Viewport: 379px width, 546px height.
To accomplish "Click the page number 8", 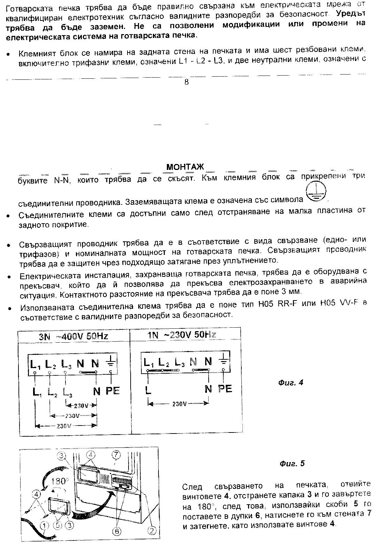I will pyautogui.click(x=186, y=82).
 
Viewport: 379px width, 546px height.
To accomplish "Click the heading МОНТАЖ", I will pyautogui.click(x=185, y=167).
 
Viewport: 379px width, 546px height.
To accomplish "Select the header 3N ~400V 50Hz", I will pyautogui.click(x=74, y=336).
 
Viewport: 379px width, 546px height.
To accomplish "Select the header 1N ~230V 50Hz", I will pyautogui.click(x=182, y=335).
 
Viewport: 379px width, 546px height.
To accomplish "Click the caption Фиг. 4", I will pyautogui.click(x=291, y=383).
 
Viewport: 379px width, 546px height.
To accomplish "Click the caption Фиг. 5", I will pyautogui.click(x=292, y=464).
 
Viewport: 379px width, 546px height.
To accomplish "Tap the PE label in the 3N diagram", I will pyautogui.click(x=112, y=391).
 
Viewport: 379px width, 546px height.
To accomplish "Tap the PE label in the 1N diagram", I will pyautogui.click(x=225, y=389).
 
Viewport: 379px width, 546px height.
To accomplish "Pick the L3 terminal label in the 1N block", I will pyautogui.click(x=179, y=362).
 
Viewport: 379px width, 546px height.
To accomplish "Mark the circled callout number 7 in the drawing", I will pyautogui.click(x=116, y=455).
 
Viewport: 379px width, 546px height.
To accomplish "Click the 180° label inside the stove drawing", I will pyautogui.click(x=58, y=481).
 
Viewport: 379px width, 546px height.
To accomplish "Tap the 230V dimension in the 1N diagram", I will pyautogui.click(x=179, y=404).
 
